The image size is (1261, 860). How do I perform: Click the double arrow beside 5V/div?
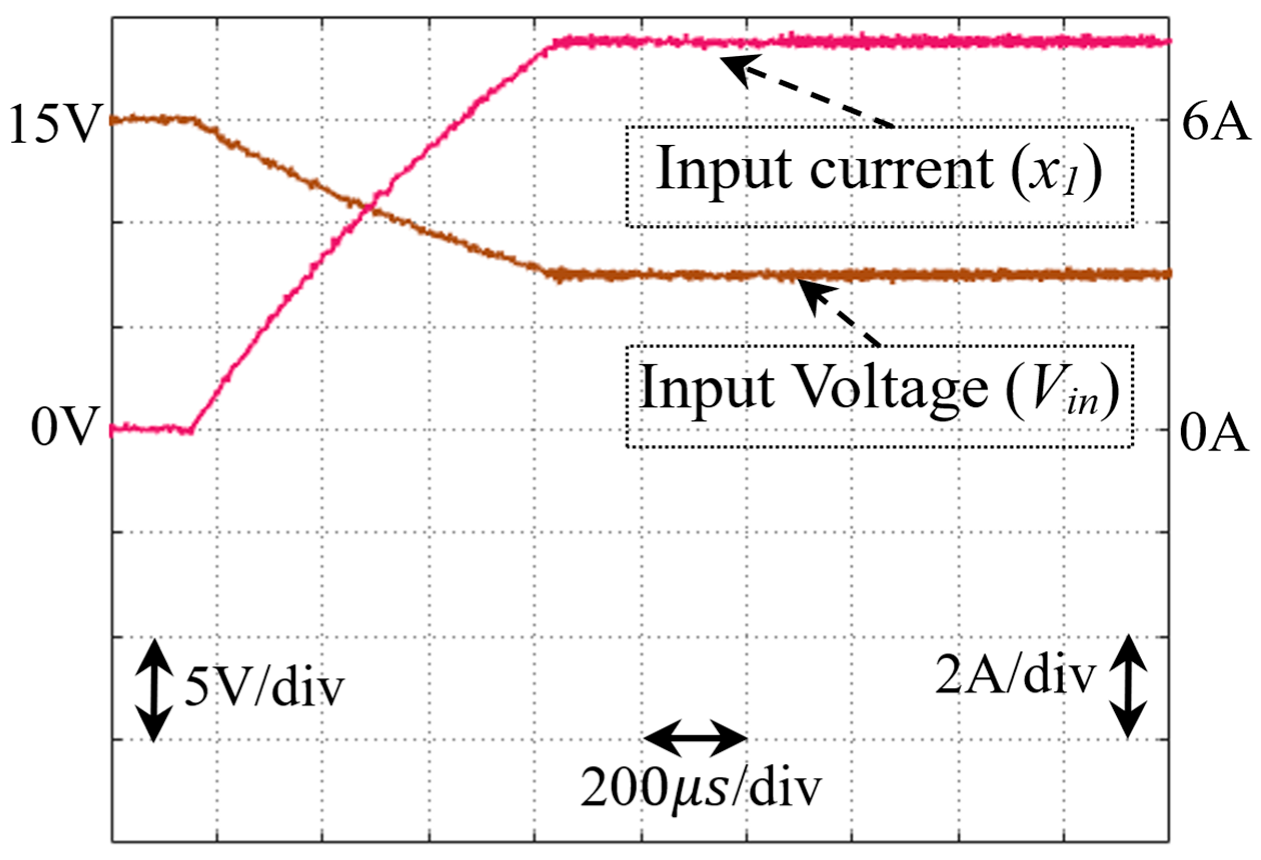154,690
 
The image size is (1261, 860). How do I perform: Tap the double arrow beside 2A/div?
1127,686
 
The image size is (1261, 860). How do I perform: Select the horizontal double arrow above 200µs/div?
696,738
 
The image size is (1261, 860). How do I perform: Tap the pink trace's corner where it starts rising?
191,431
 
